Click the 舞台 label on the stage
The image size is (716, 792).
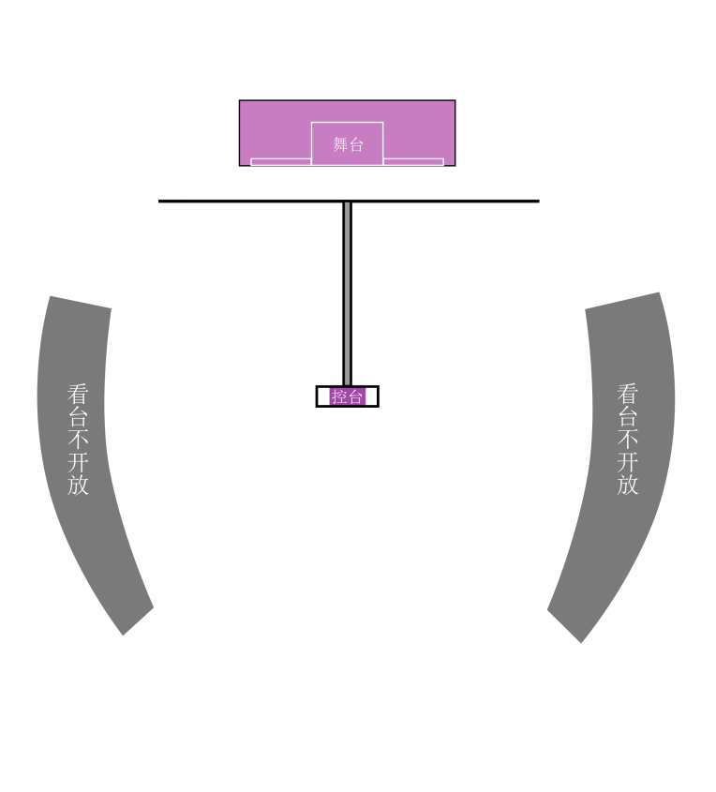point(348,144)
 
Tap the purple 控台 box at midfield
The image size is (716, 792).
point(348,396)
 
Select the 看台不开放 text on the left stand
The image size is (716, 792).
point(79,439)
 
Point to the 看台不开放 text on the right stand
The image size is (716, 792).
point(628,439)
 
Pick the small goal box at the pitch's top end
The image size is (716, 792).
point(348,217)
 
